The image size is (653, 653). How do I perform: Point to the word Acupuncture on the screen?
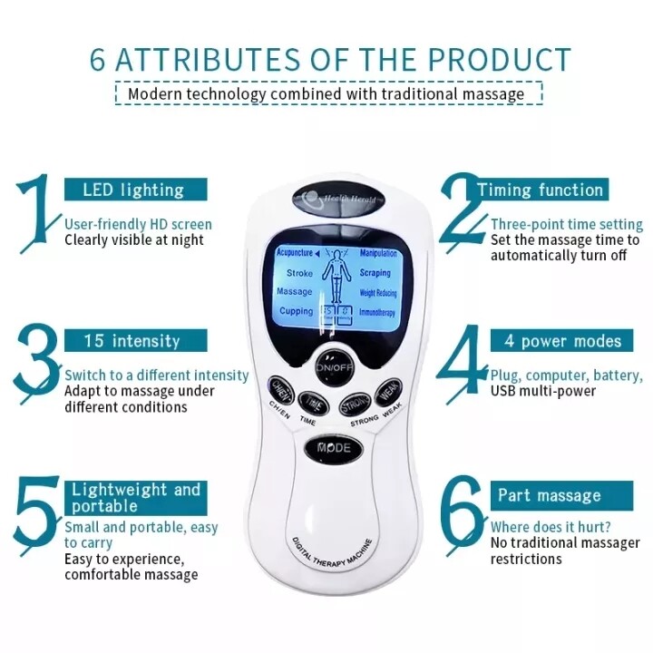pyautogui.click(x=294, y=253)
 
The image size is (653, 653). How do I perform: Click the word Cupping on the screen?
pyautogui.click(x=296, y=311)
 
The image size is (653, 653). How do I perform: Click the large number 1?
pyautogui.click(x=36, y=214)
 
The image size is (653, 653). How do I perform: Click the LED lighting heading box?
pyautogui.click(x=134, y=190)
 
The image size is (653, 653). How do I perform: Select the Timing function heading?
pyautogui.click(x=541, y=190)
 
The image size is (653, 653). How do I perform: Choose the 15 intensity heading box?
pyautogui.click(x=134, y=341)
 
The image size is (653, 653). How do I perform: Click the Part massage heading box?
pyautogui.click(x=549, y=495)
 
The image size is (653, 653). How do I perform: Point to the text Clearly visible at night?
pyautogui.click(x=133, y=240)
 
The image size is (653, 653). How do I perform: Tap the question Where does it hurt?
pyautogui.click(x=550, y=527)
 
